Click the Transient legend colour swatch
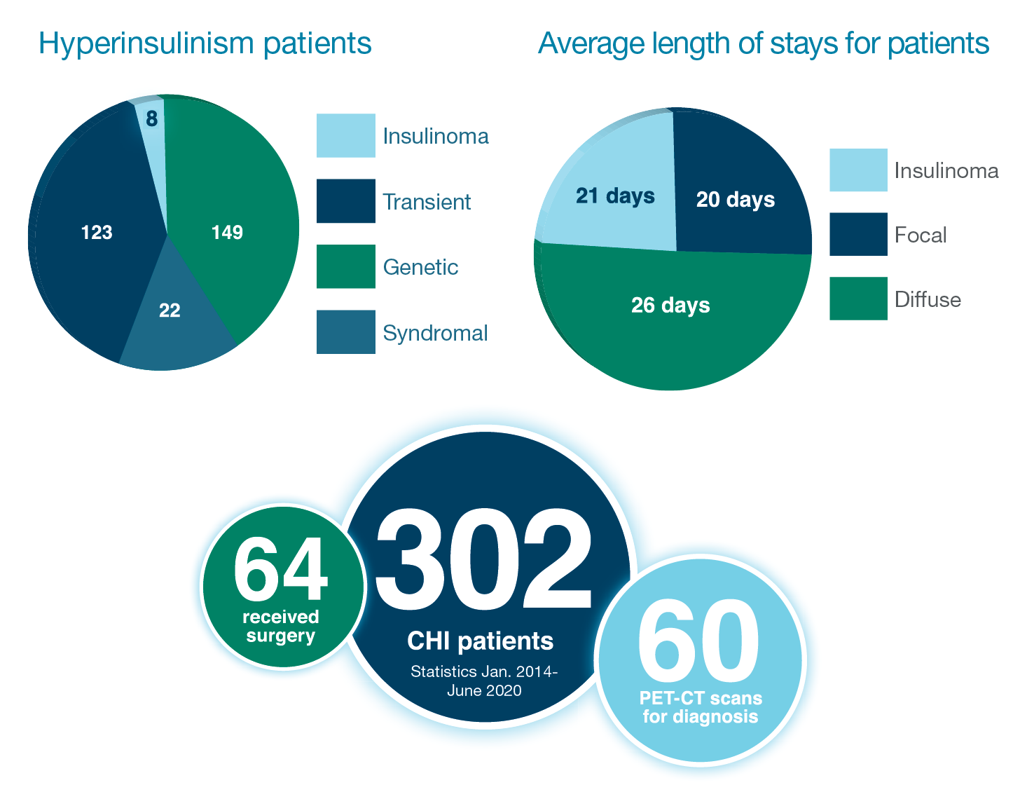click(x=345, y=201)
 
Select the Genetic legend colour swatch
click(x=345, y=266)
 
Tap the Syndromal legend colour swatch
click(x=345, y=332)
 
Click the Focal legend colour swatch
click(x=858, y=234)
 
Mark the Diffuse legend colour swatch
click(x=858, y=299)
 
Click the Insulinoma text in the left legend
click(x=436, y=136)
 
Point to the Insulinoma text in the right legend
click(x=946, y=170)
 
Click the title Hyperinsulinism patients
click(x=205, y=43)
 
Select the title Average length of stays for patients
click(x=764, y=43)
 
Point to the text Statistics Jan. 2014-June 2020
click(x=484, y=681)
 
